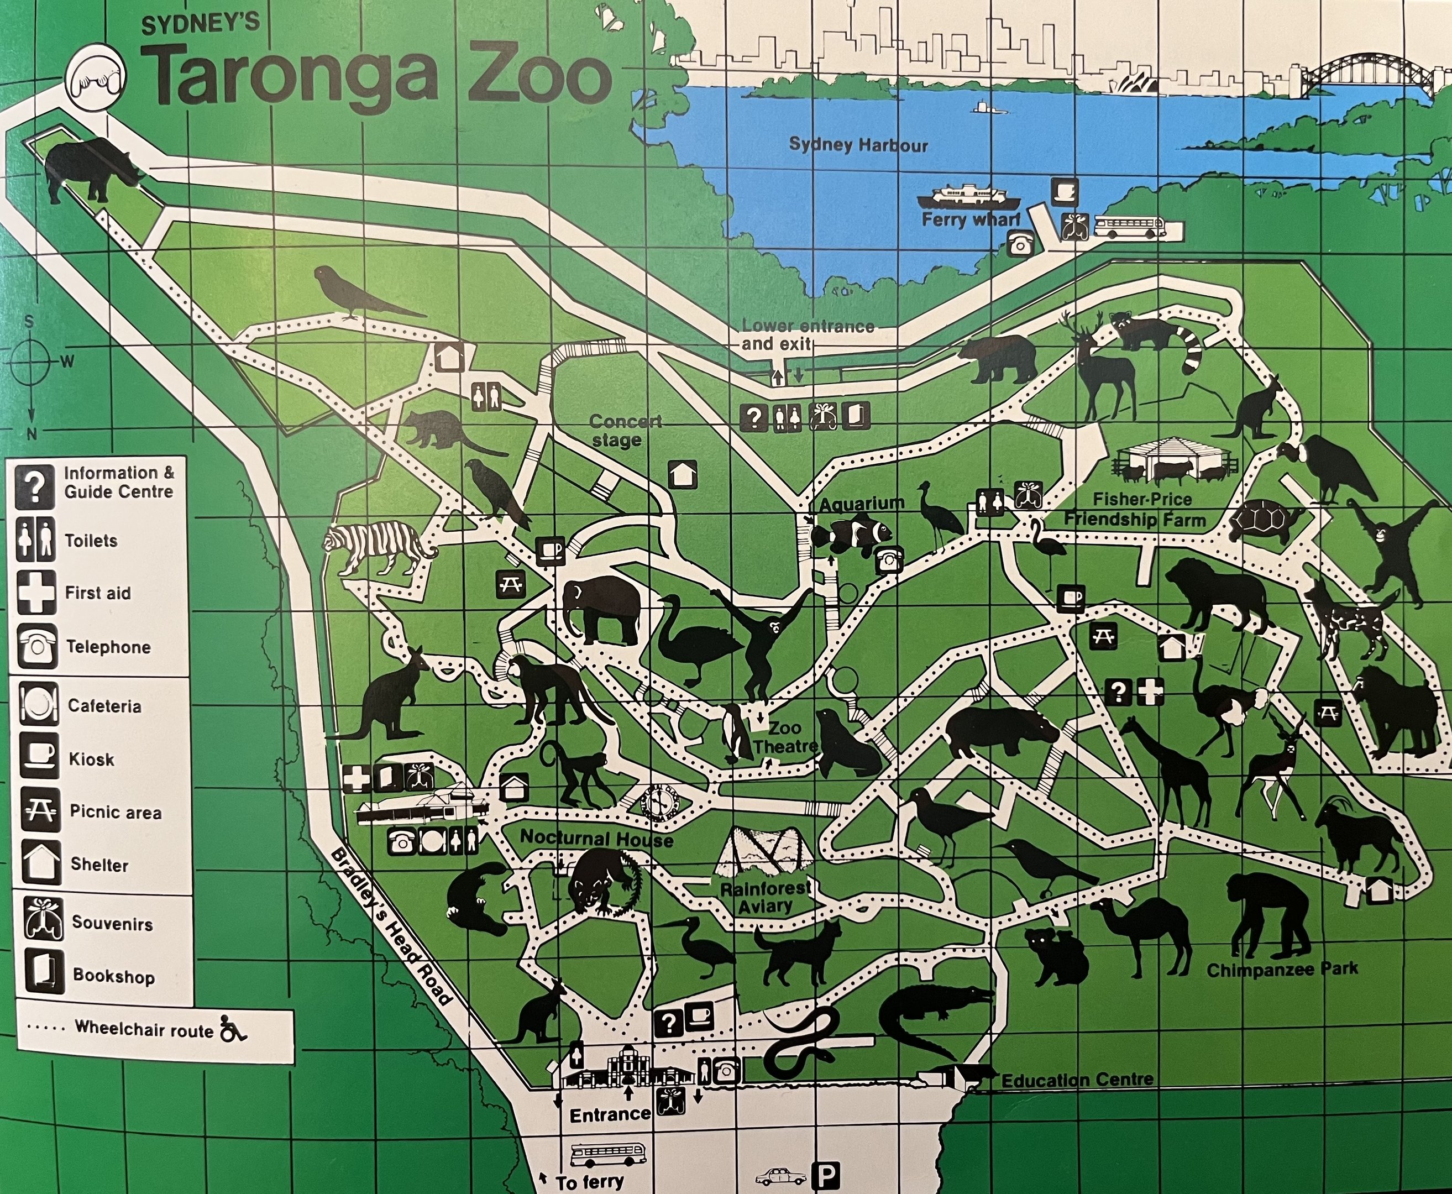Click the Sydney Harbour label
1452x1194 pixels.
858,145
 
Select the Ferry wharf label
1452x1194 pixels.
970,219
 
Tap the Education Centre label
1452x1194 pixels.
1077,1080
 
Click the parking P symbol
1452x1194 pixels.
825,1174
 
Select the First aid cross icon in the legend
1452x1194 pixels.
36,592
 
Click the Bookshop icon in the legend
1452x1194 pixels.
43,974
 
